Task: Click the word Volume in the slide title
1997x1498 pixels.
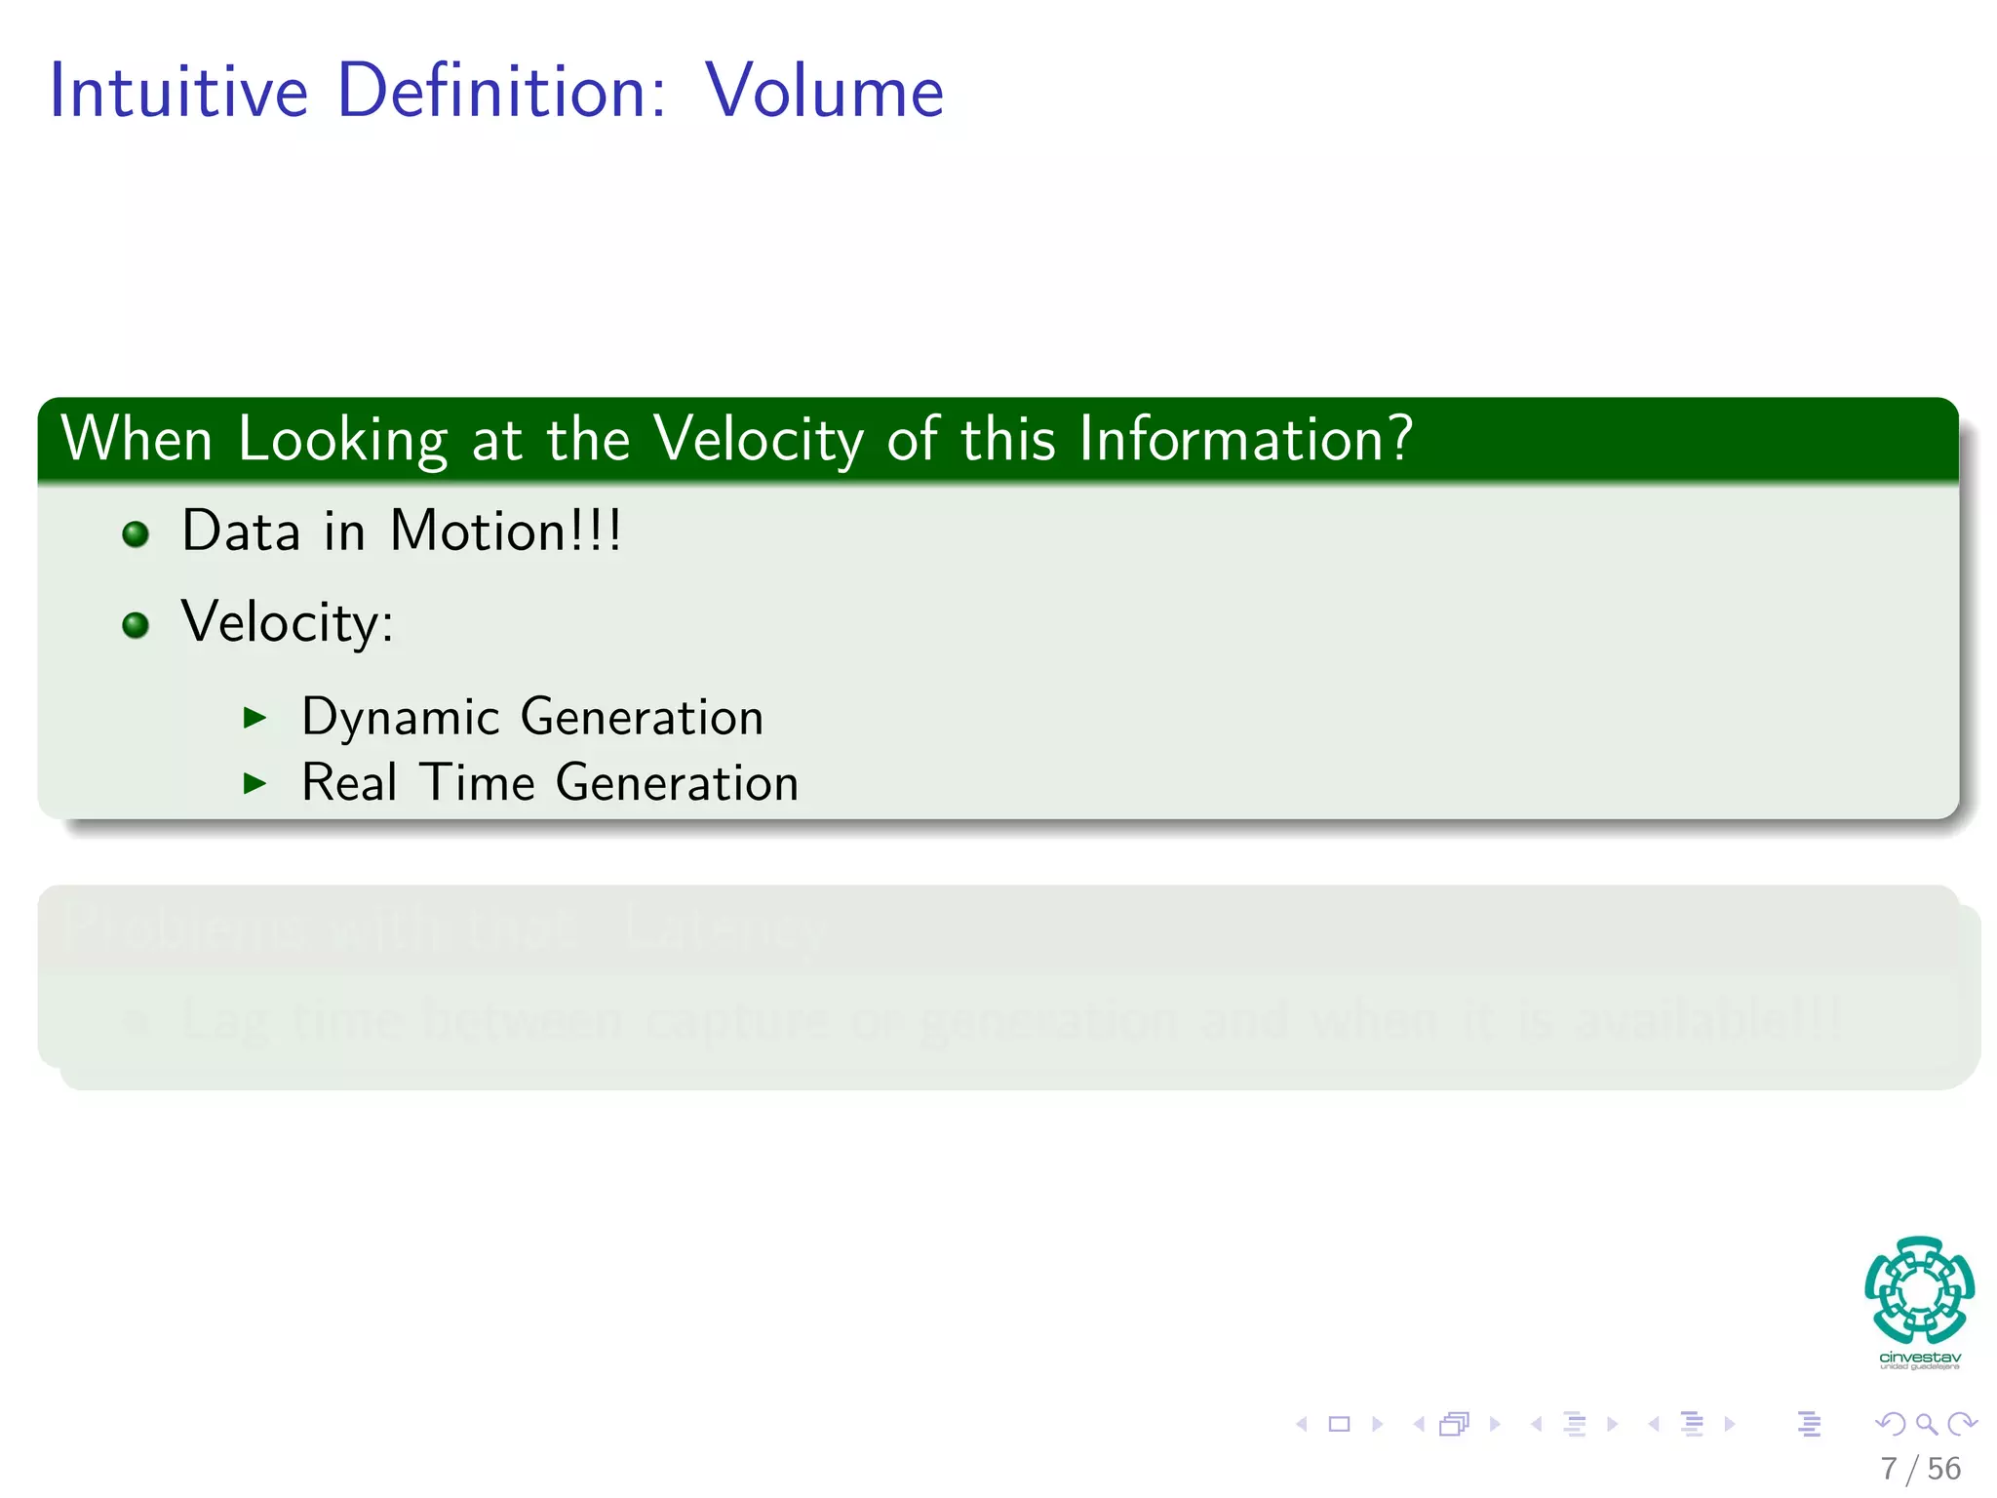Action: (824, 92)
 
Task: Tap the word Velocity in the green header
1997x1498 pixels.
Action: (759, 440)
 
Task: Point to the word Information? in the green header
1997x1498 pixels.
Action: (1245, 440)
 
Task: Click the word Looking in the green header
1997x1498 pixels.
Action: (342, 440)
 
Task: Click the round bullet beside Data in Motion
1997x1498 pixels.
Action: (136, 533)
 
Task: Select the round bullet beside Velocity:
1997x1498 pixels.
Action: (136, 624)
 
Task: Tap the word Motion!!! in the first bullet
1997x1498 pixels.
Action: (505, 532)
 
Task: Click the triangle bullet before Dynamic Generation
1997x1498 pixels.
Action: (255, 719)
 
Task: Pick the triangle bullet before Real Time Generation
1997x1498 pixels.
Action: (255, 783)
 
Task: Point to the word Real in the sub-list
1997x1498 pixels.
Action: (349, 783)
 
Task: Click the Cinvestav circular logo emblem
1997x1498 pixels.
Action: (1919, 1289)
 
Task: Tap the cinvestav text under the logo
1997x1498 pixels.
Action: (1919, 1357)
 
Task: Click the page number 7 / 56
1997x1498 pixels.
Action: (1920, 1469)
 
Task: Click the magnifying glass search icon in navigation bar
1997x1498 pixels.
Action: (1926, 1424)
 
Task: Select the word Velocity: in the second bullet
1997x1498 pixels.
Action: (288, 622)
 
